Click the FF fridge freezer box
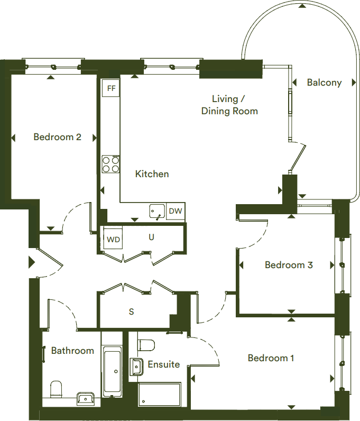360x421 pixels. (111, 88)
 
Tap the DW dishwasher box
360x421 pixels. (176, 212)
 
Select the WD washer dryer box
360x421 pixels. (113, 239)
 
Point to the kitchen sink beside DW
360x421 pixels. (156, 212)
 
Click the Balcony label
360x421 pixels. (324, 83)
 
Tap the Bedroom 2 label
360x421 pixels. (57, 137)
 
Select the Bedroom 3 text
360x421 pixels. (289, 265)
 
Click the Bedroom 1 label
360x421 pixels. (271, 358)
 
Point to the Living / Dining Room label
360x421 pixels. (229, 105)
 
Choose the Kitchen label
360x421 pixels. (152, 173)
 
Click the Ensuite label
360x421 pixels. (163, 364)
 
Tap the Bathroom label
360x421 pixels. (72, 351)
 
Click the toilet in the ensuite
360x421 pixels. (146, 344)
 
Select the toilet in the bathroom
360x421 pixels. (57, 390)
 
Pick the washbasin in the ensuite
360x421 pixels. (136, 365)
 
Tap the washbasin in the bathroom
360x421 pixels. (85, 398)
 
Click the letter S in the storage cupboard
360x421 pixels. (131, 312)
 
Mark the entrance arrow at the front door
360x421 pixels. (32, 262)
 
